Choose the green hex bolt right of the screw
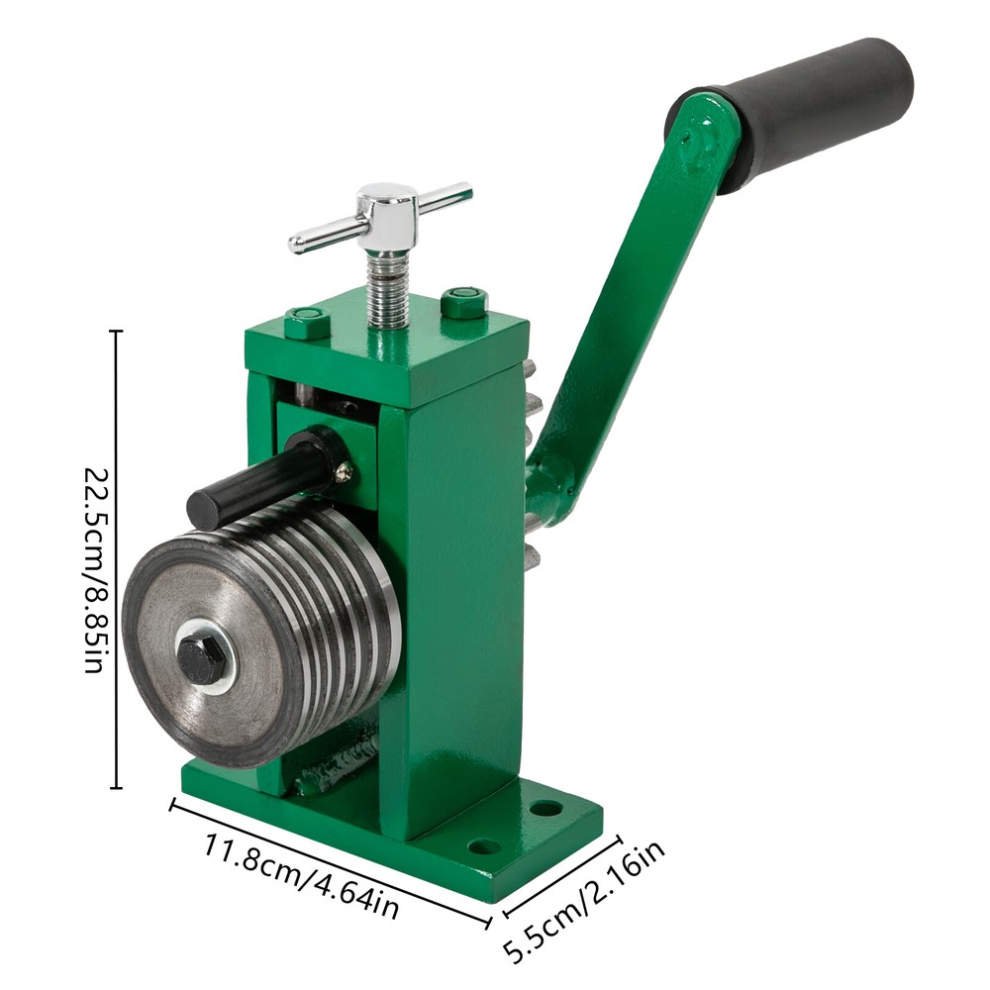pyautogui.click(x=463, y=301)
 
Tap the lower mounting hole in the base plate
pyautogui.click(x=484, y=847)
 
